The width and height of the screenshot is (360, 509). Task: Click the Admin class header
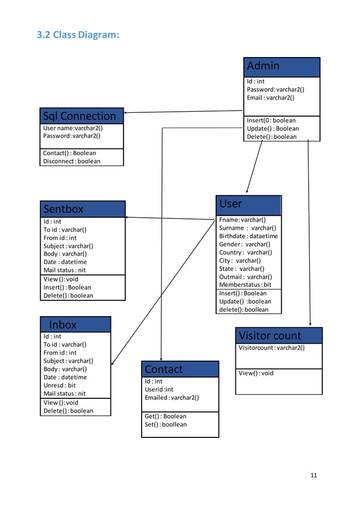tap(282, 67)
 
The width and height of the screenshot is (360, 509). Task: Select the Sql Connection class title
tap(81, 116)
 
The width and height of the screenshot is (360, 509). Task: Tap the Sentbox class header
tap(82, 209)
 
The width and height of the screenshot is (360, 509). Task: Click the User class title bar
tap(248, 204)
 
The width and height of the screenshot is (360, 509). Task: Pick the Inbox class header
tap(75, 324)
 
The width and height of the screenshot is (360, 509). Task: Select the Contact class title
tap(179, 369)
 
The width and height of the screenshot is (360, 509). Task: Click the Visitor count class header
tap(279, 335)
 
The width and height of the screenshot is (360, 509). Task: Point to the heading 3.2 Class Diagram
tap(78, 35)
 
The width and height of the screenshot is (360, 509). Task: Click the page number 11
tap(314, 475)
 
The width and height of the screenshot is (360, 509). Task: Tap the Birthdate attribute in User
tap(248, 236)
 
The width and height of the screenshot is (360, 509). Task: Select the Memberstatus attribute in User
tap(245, 285)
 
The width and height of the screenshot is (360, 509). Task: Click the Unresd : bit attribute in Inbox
tap(60, 385)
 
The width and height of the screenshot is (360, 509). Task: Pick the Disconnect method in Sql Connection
tap(72, 161)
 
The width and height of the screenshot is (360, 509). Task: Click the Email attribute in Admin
tap(270, 98)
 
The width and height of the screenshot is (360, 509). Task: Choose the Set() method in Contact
tap(165, 424)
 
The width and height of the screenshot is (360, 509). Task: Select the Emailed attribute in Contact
tap(172, 397)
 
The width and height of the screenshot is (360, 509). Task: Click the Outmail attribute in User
tap(245, 277)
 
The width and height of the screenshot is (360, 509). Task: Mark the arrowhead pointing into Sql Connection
tap(126, 112)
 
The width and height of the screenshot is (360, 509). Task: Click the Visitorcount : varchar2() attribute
tap(271, 348)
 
